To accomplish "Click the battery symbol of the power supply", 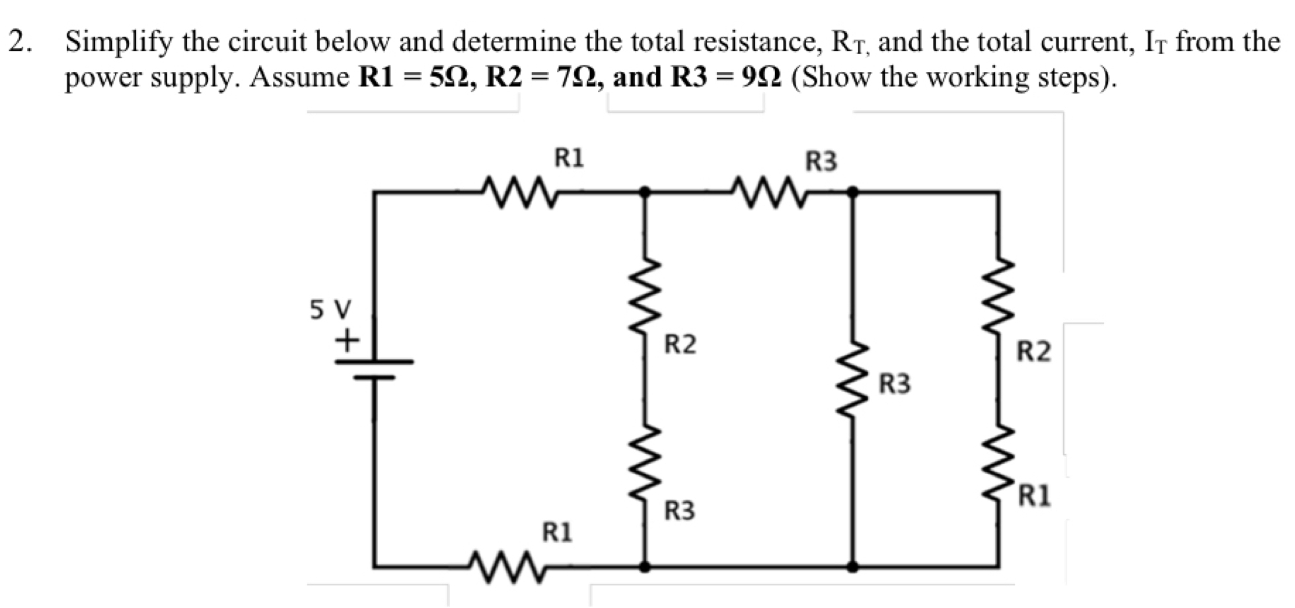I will pyautogui.click(x=374, y=369).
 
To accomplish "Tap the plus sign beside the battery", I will pyautogui.click(x=347, y=341).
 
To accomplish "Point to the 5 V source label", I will pyautogui.click(x=331, y=309).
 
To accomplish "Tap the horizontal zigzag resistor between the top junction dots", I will pyautogui.click(x=768, y=192).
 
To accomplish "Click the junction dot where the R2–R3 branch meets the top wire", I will pyautogui.click(x=646, y=192).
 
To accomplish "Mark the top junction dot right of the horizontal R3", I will pyautogui.click(x=853, y=192).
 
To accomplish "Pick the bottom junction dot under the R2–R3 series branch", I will pyautogui.click(x=646, y=567).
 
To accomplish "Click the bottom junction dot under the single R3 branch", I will pyautogui.click(x=853, y=567).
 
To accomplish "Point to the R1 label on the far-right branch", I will pyautogui.click(x=1034, y=496).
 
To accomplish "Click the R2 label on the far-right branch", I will pyautogui.click(x=1033, y=352).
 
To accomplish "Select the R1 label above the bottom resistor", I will pyautogui.click(x=557, y=532).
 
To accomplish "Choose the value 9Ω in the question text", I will pyautogui.click(x=762, y=77).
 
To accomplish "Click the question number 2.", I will pyautogui.click(x=20, y=42).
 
